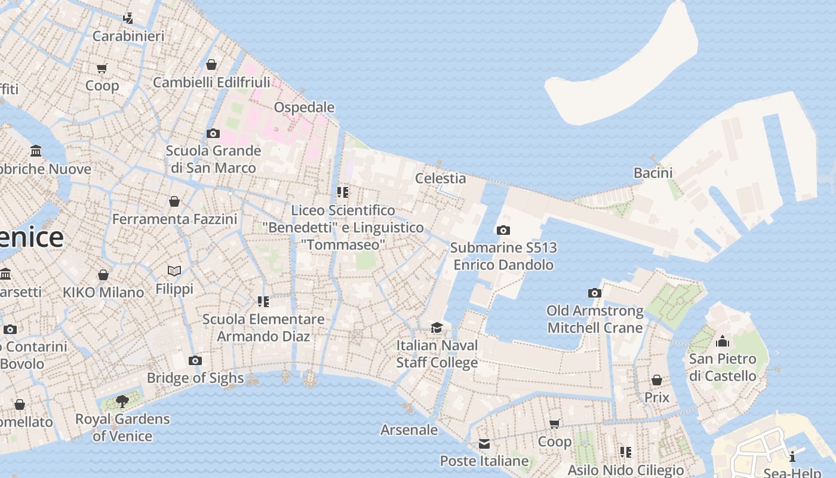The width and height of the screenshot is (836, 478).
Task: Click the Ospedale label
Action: [x=304, y=108]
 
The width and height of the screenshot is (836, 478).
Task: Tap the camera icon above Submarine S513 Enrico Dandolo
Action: [x=503, y=230]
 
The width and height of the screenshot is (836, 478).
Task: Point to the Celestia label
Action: [x=440, y=178]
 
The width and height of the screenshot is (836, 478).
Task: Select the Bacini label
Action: [x=653, y=173]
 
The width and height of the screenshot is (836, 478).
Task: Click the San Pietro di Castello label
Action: [x=723, y=367]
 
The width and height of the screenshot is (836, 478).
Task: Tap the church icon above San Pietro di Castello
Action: [x=723, y=341]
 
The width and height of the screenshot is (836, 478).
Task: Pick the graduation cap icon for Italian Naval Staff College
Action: [x=437, y=327]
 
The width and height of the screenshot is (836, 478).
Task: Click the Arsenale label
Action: [x=409, y=430]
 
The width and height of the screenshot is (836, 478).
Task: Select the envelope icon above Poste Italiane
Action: [x=484, y=443]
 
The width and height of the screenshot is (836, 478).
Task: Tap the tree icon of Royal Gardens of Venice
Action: [x=122, y=401]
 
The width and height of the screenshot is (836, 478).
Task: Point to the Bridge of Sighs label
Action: [x=195, y=378]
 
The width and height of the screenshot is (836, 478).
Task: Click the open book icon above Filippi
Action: [x=174, y=271]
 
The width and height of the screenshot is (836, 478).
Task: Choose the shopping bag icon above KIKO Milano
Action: [x=103, y=275]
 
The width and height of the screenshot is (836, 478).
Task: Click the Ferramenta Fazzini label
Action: [x=175, y=219]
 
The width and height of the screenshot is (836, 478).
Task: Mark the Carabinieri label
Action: [x=128, y=36]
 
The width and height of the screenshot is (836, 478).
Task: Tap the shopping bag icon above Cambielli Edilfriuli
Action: [x=211, y=65]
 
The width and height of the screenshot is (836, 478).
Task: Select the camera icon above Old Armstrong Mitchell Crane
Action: [x=595, y=293]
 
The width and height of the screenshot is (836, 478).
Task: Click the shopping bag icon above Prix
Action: [x=657, y=380]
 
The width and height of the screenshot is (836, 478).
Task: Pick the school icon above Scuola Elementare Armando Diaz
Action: [x=263, y=302]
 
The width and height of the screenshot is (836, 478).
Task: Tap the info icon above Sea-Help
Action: [x=792, y=457]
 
